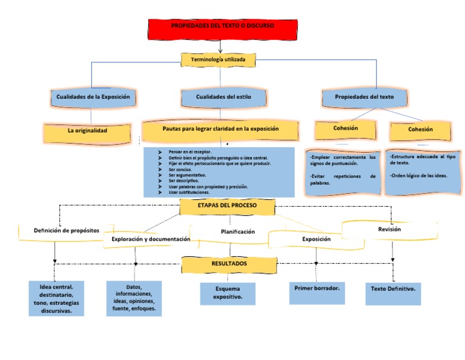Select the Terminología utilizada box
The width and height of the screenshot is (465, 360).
pyautogui.click(x=219, y=59)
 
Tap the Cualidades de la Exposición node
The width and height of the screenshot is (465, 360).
pyautogui.click(x=93, y=97)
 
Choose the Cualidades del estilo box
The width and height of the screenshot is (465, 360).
pyautogui.click(x=223, y=97)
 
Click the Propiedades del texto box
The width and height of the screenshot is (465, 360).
pyautogui.click(x=364, y=97)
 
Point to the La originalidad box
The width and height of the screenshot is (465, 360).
pyautogui.click(x=87, y=131)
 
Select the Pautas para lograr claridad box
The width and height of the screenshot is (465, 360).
pyautogui.click(x=220, y=129)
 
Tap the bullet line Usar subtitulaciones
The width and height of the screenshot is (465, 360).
pyautogui.click(x=190, y=193)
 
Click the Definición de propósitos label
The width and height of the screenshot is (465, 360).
pyautogui.click(x=66, y=230)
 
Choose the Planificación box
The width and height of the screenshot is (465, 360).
pyautogui.click(x=237, y=232)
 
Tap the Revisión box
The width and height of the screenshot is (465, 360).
pyautogui.click(x=389, y=230)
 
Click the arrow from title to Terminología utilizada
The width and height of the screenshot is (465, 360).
pyautogui.click(x=220, y=47)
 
